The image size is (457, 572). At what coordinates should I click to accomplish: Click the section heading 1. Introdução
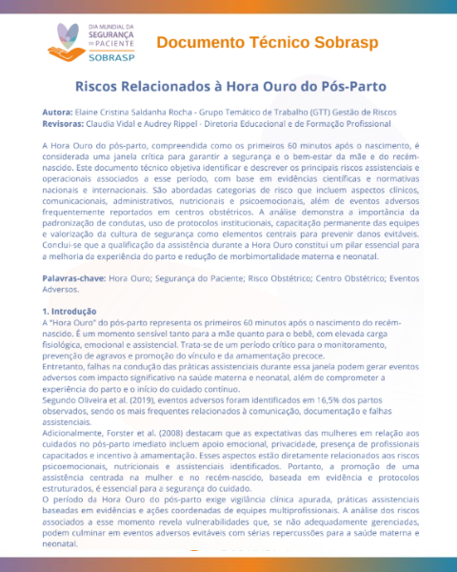(x=70, y=312)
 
